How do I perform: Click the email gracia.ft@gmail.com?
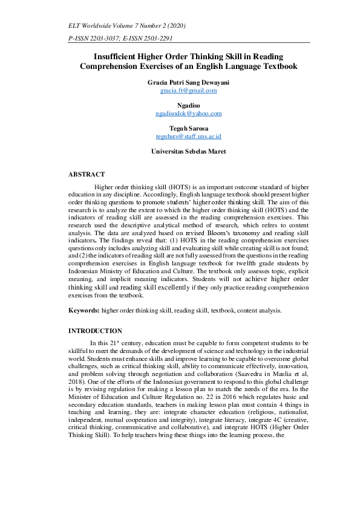188,90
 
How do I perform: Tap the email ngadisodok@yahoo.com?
188,113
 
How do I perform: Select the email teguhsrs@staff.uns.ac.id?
188,137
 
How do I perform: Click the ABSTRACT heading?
87,174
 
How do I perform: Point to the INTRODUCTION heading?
95,331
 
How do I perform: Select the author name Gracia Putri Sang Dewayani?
188,82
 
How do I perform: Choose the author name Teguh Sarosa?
188,128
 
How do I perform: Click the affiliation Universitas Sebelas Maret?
188,152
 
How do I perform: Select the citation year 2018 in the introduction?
77,383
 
